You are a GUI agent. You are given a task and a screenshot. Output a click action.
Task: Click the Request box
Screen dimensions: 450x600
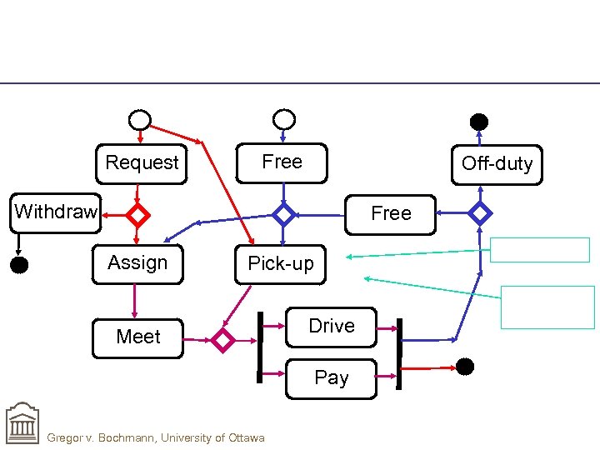tap(142, 162)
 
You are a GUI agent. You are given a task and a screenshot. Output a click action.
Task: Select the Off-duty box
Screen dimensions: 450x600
tap(497, 163)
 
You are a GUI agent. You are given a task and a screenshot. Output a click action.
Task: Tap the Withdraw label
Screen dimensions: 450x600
tap(56, 212)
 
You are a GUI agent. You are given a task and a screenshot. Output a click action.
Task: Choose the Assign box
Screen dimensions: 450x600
tap(137, 263)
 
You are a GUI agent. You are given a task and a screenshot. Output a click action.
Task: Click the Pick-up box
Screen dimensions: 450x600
tap(281, 264)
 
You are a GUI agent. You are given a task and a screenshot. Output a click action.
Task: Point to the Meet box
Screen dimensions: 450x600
tap(137, 337)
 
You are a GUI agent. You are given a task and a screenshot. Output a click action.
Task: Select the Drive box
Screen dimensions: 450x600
tap(331, 327)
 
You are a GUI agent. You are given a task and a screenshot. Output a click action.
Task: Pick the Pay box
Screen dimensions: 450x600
tap(331, 378)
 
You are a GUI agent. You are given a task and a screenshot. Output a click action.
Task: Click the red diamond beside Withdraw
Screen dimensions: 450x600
tap(137, 215)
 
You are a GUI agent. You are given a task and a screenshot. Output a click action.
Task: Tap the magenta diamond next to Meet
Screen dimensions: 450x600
tap(223, 340)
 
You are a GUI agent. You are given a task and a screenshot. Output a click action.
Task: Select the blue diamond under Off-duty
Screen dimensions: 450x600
tap(480, 213)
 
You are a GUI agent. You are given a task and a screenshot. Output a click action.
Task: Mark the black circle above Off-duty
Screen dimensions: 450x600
tap(479, 122)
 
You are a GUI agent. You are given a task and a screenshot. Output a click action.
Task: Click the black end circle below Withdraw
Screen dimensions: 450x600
tap(18, 266)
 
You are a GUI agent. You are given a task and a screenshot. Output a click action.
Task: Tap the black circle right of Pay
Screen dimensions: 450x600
tap(465, 366)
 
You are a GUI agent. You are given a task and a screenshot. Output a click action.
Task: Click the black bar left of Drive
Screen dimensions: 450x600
tap(260, 347)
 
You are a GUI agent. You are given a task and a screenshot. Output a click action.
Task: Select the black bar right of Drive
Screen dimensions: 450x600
tap(399, 354)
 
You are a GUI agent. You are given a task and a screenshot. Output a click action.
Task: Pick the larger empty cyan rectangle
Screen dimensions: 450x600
tap(547, 307)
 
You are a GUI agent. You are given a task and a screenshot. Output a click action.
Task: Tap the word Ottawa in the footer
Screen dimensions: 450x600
tap(245, 438)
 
